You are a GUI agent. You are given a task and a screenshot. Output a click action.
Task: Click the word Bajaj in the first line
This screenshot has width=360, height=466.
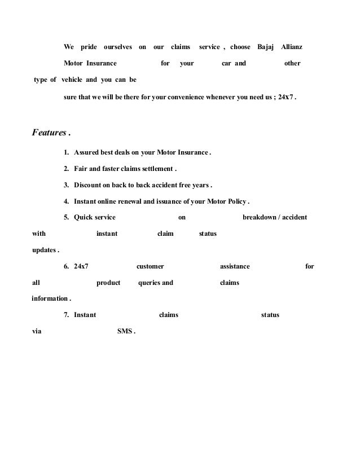tap(265, 45)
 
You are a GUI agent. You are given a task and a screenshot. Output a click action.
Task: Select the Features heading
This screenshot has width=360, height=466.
tap(48, 133)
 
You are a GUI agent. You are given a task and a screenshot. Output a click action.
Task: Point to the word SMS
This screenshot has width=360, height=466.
tap(125, 331)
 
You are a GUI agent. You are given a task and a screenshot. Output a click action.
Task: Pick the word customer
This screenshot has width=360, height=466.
tap(150, 266)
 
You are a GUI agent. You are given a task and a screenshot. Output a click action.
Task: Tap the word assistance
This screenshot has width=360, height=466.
tap(234, 266)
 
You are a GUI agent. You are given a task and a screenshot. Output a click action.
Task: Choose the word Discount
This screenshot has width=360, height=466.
tap(88, 184)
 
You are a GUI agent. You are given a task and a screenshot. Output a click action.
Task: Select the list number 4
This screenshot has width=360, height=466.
tap(66, 201)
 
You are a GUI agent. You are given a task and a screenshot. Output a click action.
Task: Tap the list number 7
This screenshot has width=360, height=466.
tap(66, 315)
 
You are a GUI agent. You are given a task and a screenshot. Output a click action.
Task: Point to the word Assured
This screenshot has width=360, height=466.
tap(87, 152)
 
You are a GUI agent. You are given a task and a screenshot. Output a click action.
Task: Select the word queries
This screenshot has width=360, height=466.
tap(148, 283)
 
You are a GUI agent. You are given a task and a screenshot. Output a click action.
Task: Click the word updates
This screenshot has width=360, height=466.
tap(43, 249)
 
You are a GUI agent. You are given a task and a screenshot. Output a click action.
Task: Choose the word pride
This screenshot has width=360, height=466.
tap(89, 45)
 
